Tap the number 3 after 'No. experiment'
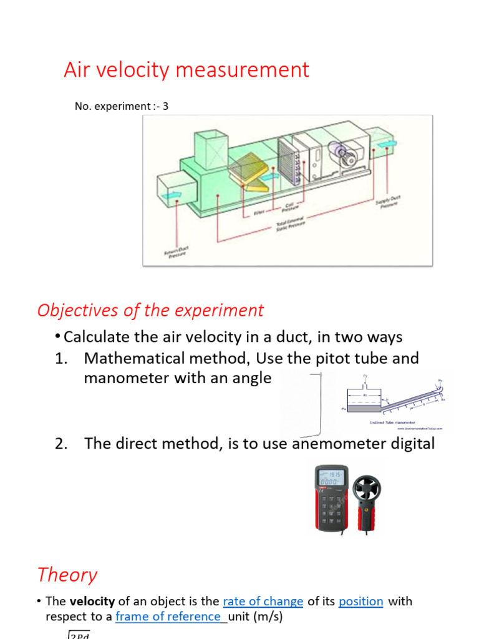pyautogui.click(x=165, y=107)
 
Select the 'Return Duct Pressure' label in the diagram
pyautogui.click(x=177, y=253)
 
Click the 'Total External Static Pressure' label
pyautogui.click(x=290, y=224)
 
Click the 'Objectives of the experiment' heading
pyautogui.click(x=150, y=310)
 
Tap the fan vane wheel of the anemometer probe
pyautogui.click(x=367, y=490)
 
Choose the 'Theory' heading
pyautogui.click(x=67, y=575)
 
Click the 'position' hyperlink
pyautogui.click(x=360, y=602)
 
